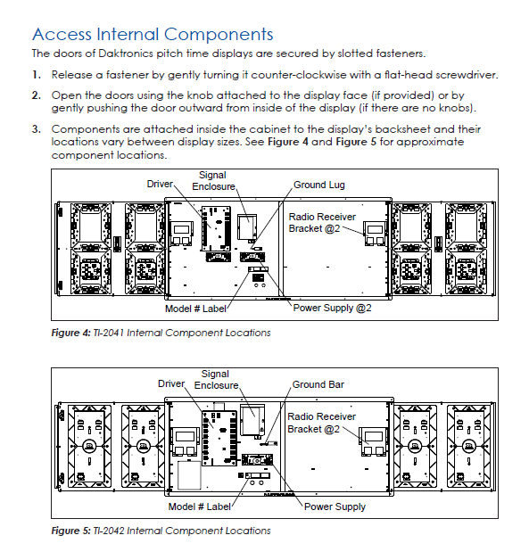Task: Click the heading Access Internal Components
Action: pyautogui.click(x=153, y=35)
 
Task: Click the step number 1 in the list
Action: pyautogui.click(x=36, y=74)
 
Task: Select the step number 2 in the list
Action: pyautogui.click(x=36, y=95)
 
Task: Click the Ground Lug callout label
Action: pyautogui.click(x=318, y=185)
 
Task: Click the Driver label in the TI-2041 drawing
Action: pyautogui.click(x=161, y=184)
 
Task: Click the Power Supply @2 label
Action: pyautogui.click(x=333, y=308)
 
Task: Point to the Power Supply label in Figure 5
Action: pyautogui.click(x=335, y=506)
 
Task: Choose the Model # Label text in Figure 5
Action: pyautogui.click(x=199, y=506)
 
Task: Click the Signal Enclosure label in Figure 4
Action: pyautogui.click(x=215, y=180)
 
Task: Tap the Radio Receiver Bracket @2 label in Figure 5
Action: pyautogui.click(x=321, y=423)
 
